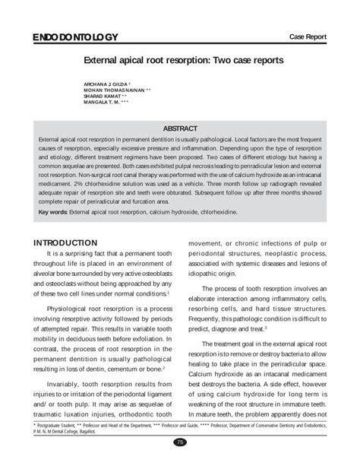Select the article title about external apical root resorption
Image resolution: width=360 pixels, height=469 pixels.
pos(180,58)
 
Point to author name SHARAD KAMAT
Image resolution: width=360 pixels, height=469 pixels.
pos(99,95)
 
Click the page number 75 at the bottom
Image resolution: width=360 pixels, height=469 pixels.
pos(180,442)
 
